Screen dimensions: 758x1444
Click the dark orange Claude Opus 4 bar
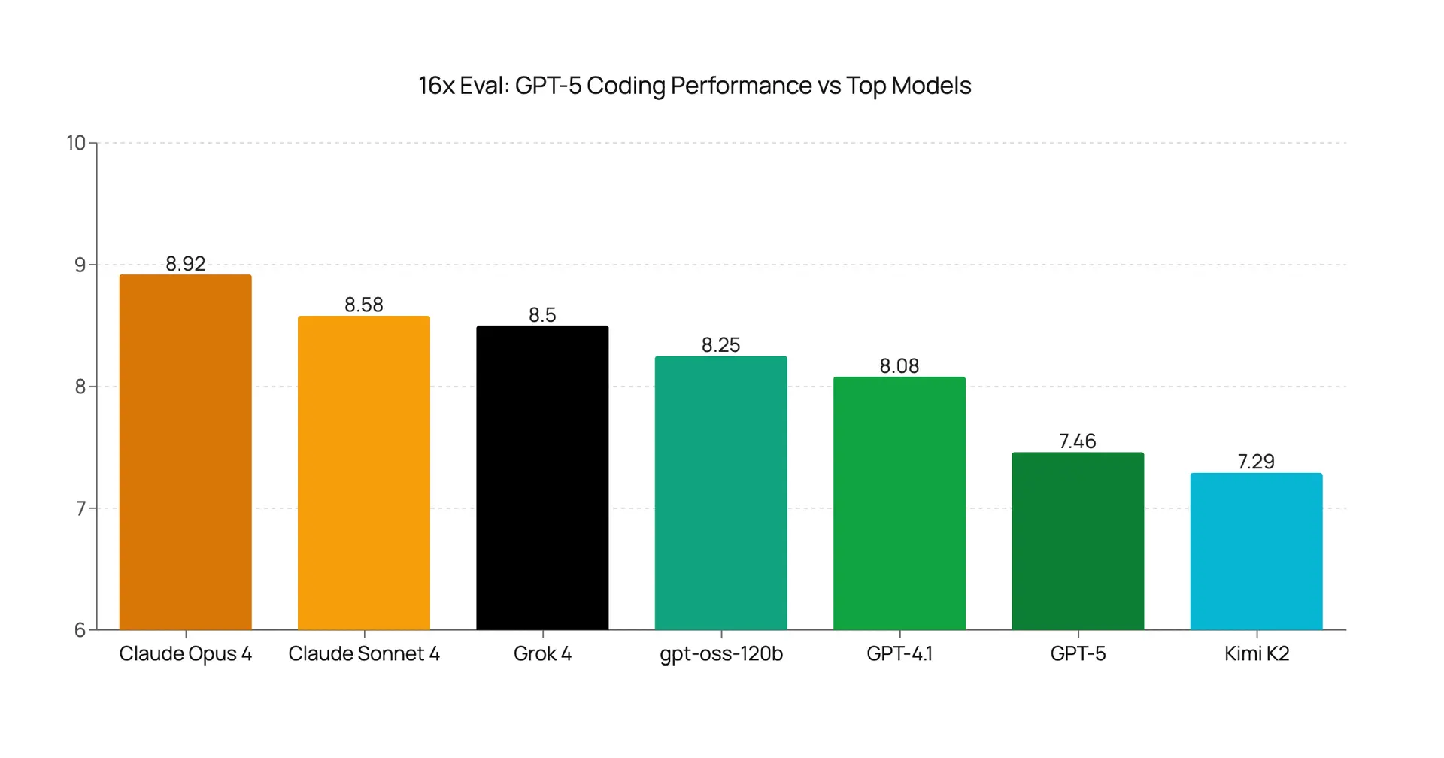(x=185, y=452)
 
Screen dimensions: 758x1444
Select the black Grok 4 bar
(x=542, y=478)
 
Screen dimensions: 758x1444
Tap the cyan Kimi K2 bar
(x=1256, y=551)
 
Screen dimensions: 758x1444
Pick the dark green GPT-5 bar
(x=1078, y=541)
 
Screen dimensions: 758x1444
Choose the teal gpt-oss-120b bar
(x=720, y=493)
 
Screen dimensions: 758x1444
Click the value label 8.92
(x=185, y=264)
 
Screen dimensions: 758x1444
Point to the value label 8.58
(x=364, y=305)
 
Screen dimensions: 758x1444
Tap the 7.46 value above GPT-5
(x=1078, y=441)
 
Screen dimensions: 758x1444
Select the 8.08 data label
(x=899, y=366)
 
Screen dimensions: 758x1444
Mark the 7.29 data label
(x=1256, y=462)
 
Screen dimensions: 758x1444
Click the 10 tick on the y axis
(x=76, y=143)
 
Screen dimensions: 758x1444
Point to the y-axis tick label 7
(x=80, y=509)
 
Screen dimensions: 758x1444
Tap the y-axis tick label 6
(x=80, y=630)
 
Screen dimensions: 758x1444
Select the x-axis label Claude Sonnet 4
(x=364, y=654)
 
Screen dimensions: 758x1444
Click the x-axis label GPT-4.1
(x=899, y=654)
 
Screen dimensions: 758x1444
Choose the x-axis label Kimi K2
(x=1256, y=654)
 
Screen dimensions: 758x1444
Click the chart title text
(x=694, y=86)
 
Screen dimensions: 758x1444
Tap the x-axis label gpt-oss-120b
(x=720, y=654)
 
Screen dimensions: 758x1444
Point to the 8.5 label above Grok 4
(x=542, y=315)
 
